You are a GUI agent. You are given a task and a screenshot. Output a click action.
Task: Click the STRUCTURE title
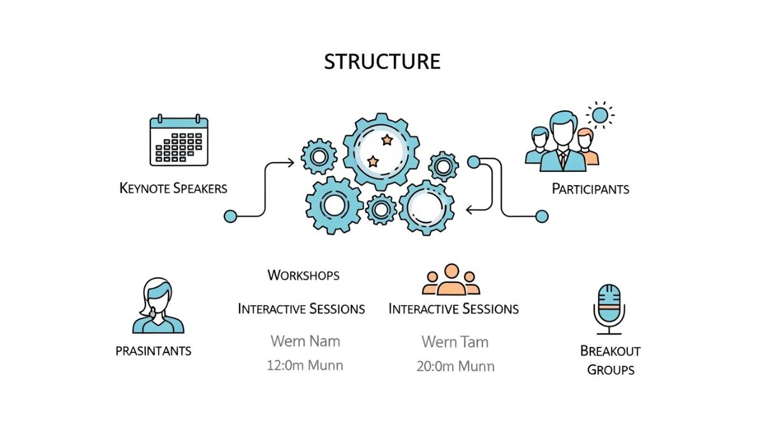coord(382,61)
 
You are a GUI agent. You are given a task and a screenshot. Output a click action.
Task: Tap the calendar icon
coord(179,140)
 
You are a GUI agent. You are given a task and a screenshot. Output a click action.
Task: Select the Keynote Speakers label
coord(173,188)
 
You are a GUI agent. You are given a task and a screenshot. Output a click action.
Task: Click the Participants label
coord(590,189)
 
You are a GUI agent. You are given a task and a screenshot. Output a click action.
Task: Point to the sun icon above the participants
coord(599,116)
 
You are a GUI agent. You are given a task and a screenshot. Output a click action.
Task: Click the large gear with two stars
coord(381,151)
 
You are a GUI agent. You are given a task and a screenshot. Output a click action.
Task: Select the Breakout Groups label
coord(610,360)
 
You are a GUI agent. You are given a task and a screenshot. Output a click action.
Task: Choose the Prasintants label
coord(154,351)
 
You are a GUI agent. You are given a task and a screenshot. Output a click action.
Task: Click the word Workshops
coord(303,275)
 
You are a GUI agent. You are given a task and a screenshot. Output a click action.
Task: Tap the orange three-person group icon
coord(451,280)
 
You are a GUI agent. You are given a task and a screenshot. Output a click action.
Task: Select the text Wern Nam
coord(305,341)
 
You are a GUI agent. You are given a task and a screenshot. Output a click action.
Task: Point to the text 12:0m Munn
coord(305,366)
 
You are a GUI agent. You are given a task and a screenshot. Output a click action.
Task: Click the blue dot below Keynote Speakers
coord(231,216)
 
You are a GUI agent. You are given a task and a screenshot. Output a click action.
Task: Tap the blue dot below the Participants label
coord(542,216)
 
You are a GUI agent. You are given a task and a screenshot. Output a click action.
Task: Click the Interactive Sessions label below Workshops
coord(302,309)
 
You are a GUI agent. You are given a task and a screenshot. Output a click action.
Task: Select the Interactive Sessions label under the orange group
coord(454,309)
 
